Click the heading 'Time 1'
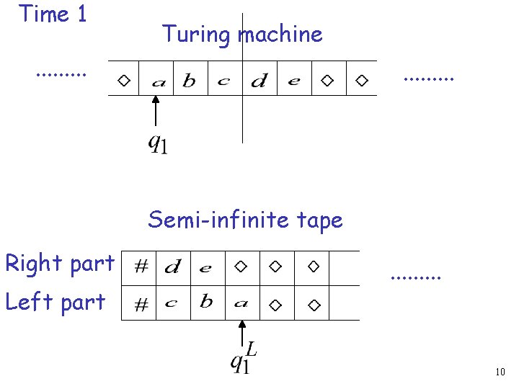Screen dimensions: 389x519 point(53,14)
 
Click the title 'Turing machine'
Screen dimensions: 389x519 point(242,34)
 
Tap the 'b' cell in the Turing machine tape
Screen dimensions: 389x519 point(189,81)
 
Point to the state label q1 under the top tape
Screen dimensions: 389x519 point(158,144)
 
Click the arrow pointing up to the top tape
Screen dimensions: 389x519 point(156,112)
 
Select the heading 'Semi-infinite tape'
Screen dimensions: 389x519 point(245,219)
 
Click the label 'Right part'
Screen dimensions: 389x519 point(59,264)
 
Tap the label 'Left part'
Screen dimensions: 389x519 point(55,301)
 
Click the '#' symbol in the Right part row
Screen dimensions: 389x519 point(142,267)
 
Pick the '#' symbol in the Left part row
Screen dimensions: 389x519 point(142,305)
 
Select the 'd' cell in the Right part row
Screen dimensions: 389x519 point(172,268)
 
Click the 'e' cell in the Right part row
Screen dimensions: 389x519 point(206,268)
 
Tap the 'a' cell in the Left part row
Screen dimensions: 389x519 point(241,303)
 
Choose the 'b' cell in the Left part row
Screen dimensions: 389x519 point(207,302)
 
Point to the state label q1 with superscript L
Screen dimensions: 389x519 point(243,358)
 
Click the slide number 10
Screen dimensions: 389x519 point(500,372)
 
